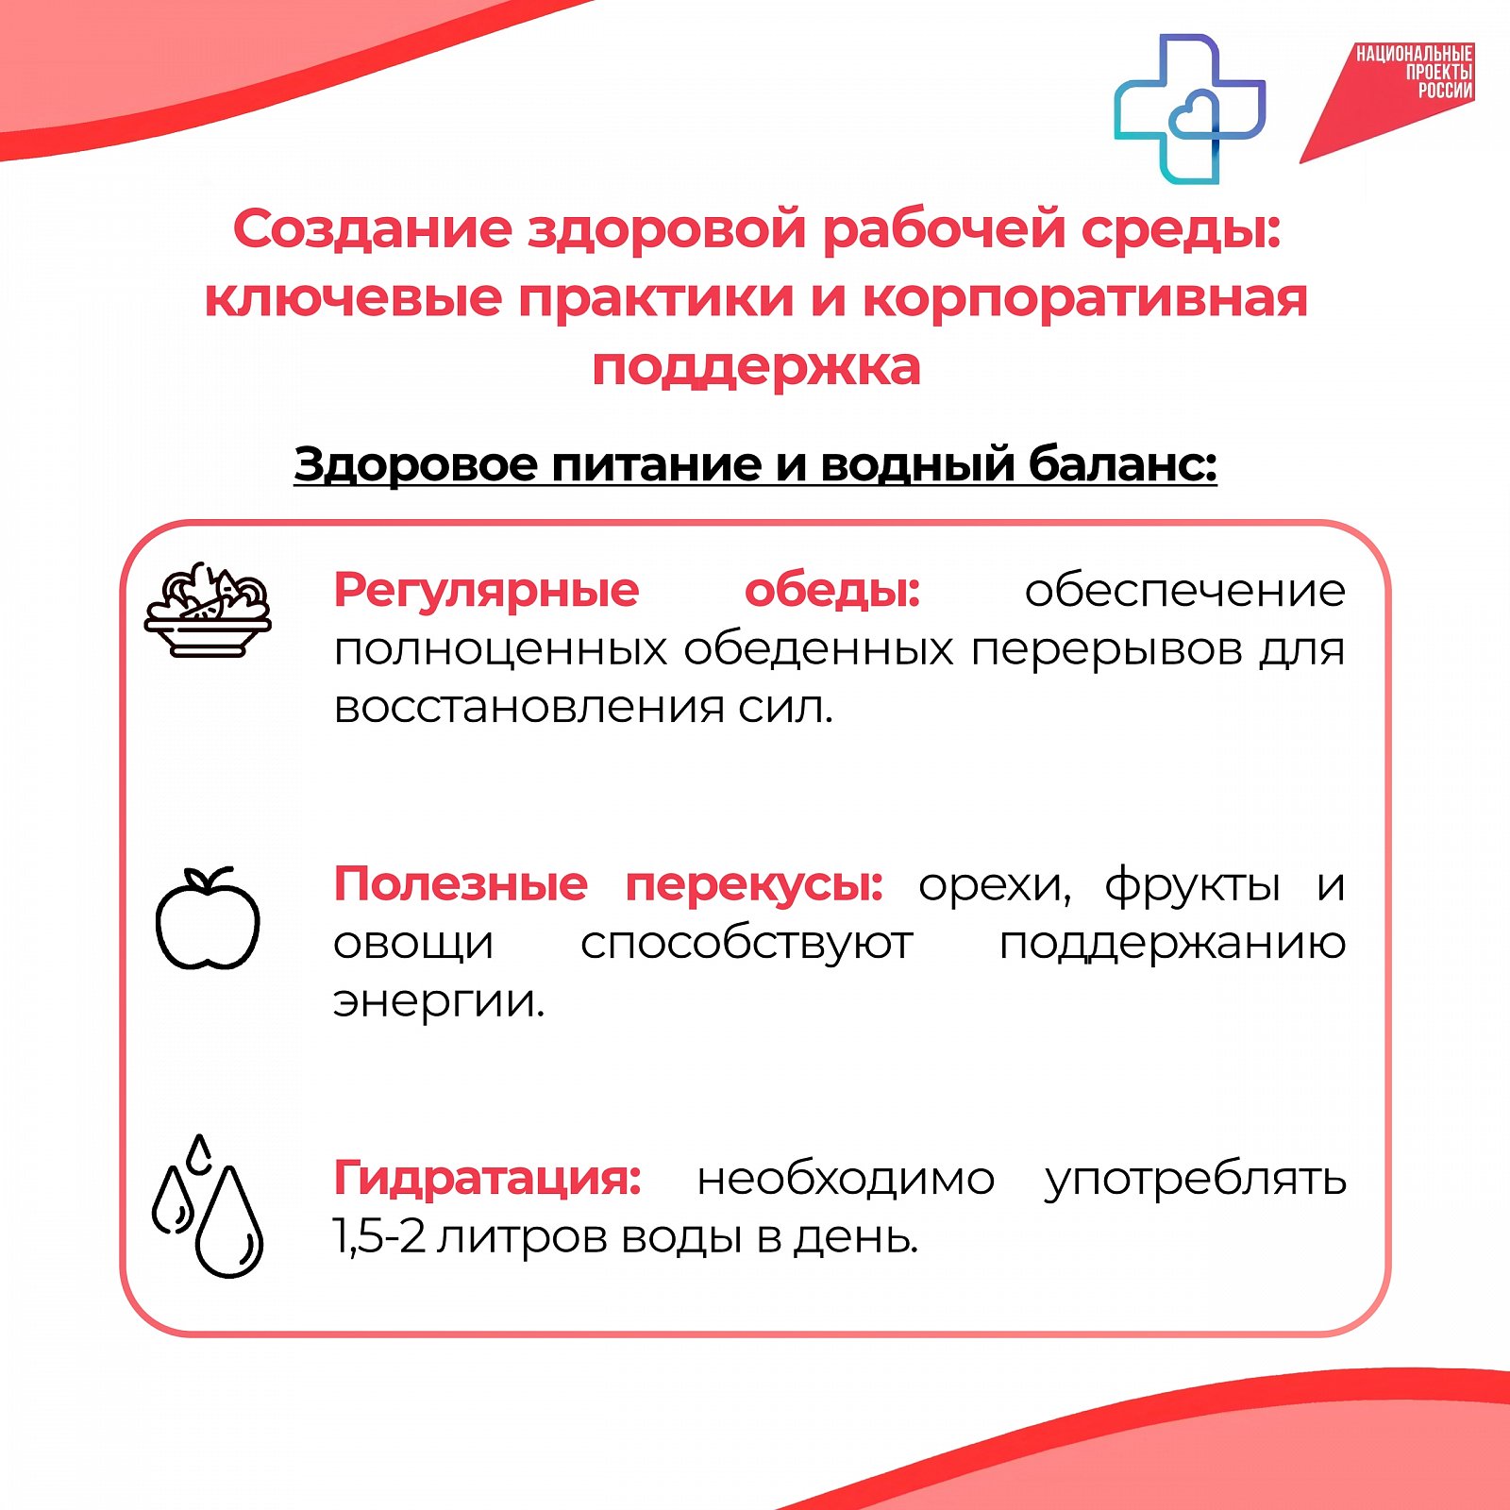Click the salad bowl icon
[208, 610]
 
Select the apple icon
[208, 918]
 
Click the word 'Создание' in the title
[373, 229]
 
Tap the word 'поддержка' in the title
[756, 368]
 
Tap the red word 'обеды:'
[832, 591]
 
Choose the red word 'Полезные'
[461, 884]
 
